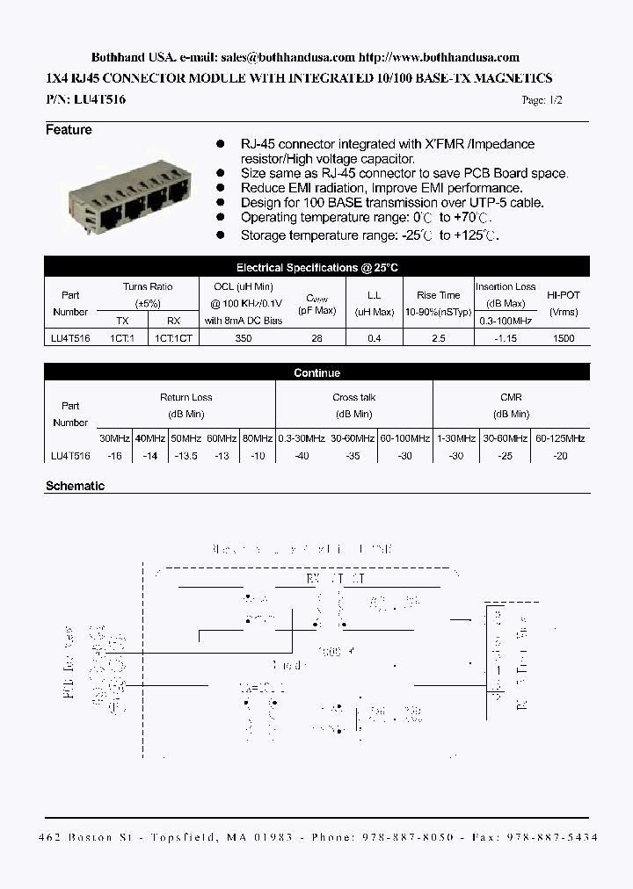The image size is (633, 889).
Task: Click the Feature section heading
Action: tap(69, 130)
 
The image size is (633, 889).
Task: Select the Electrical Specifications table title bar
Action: tap(316, 267)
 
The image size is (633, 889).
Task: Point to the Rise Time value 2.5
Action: tap(438, 337)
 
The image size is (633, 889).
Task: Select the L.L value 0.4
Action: tap(374, 337)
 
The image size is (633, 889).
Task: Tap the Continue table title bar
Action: tap(316, 373)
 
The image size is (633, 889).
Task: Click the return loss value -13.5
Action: tap(186, 456)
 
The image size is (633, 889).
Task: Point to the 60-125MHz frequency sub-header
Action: tap(560, 437)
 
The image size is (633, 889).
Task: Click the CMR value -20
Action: tap(560, 456)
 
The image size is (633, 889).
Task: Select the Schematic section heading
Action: tap(75, 486)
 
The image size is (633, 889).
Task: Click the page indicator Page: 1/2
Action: tap(542, 100)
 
